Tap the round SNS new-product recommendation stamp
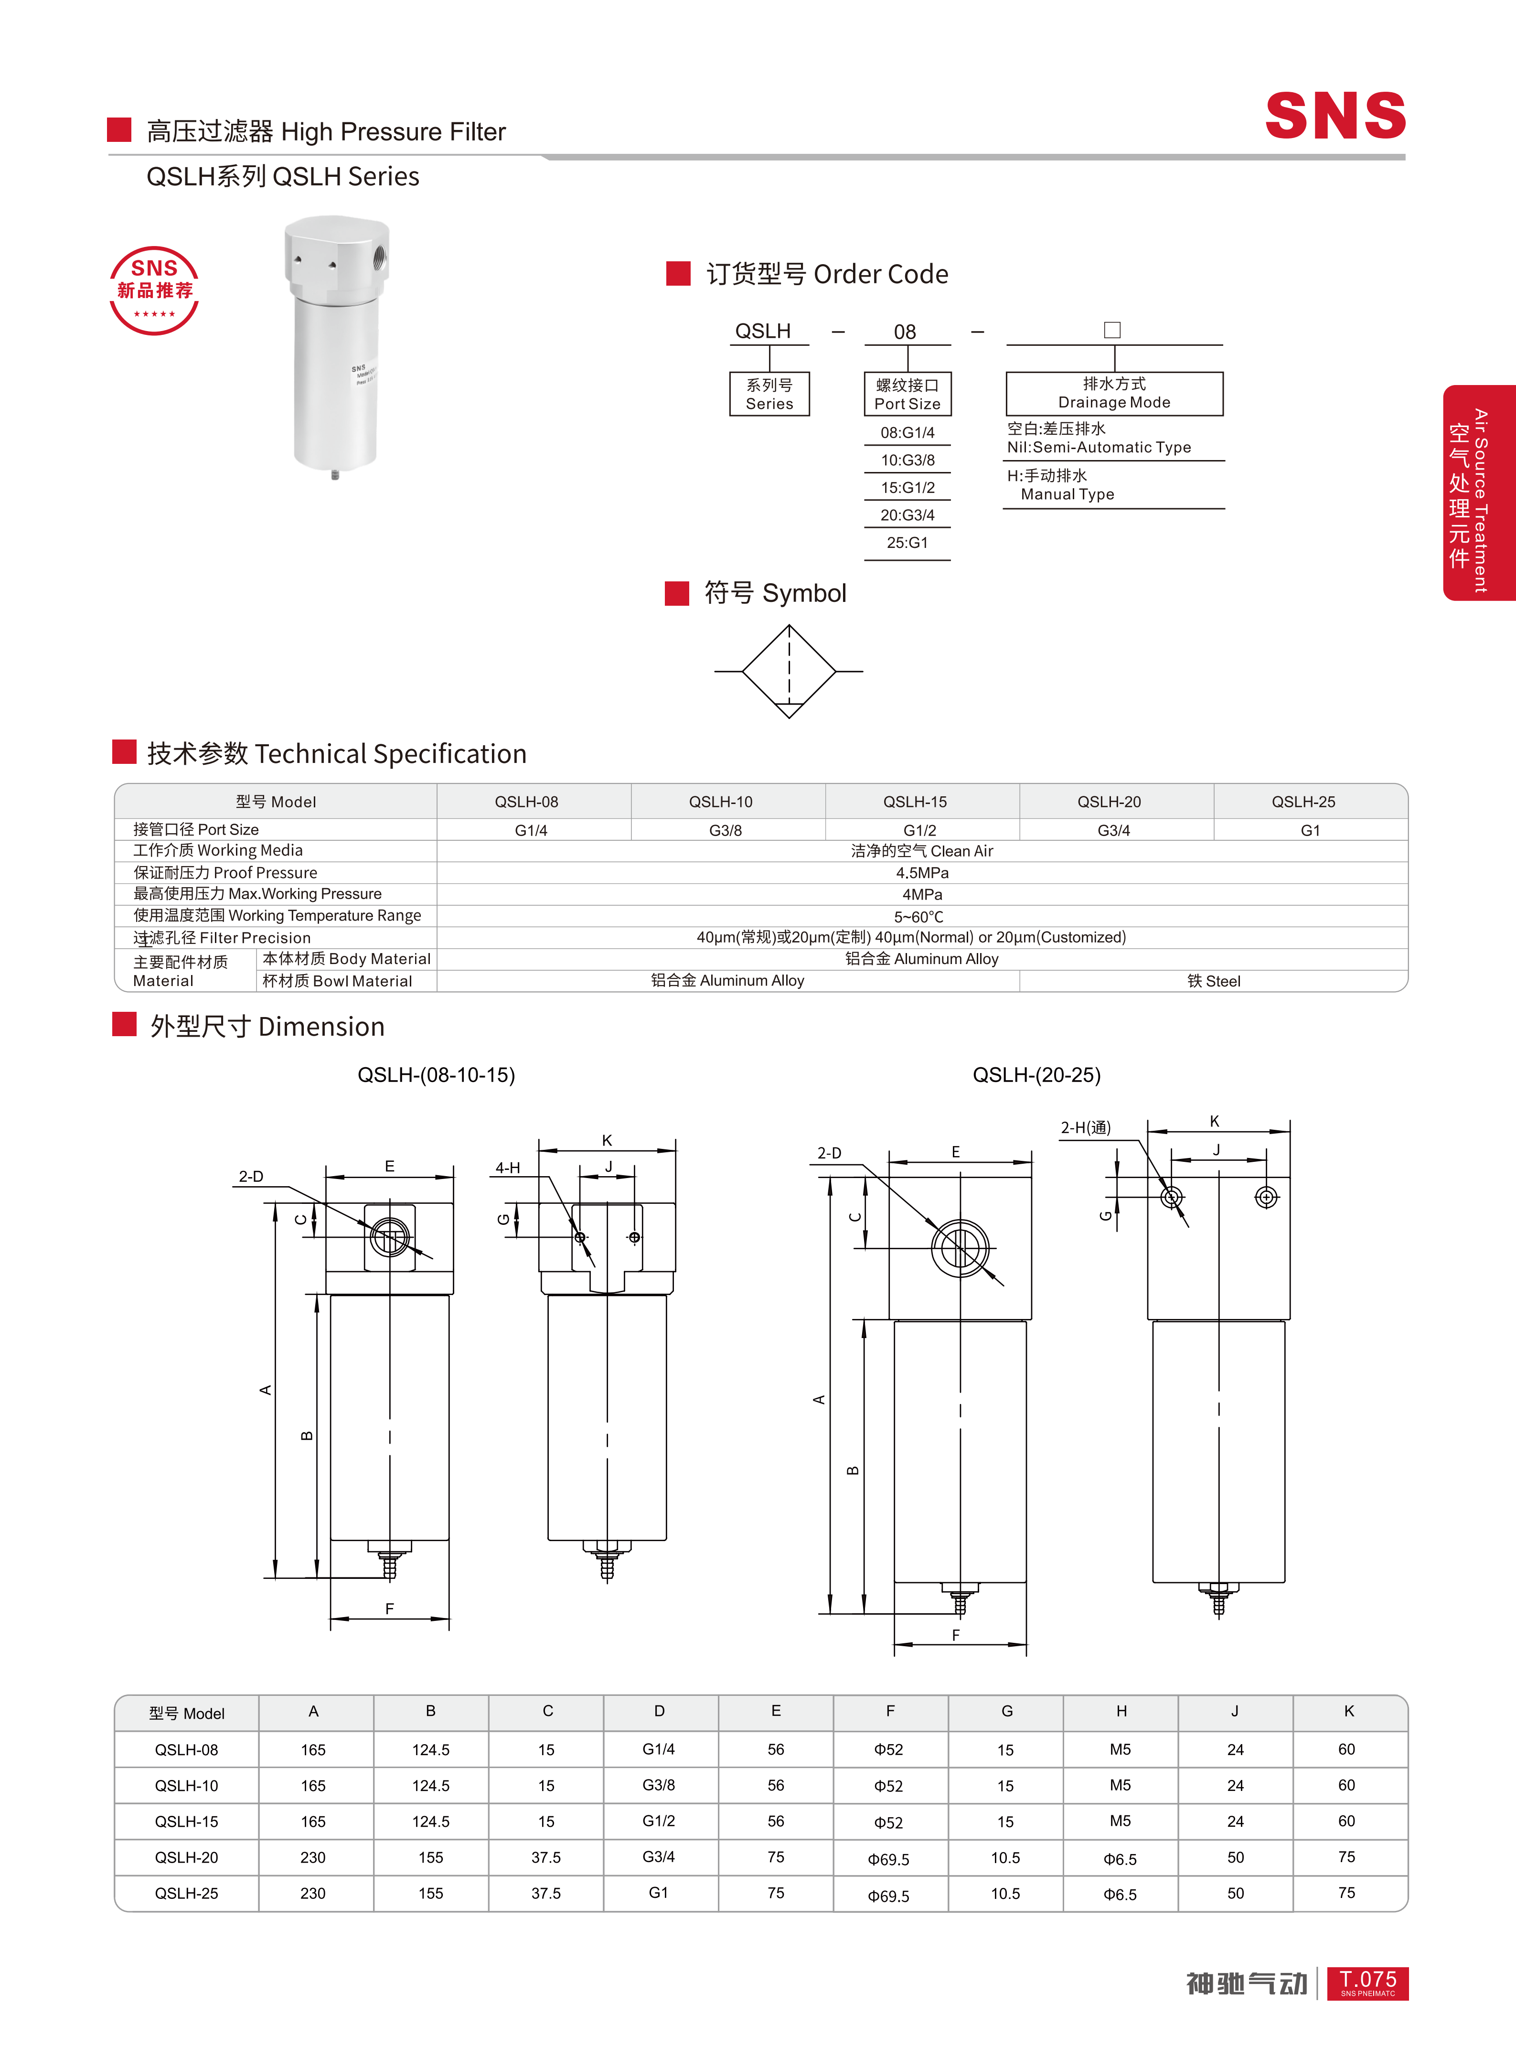pyautogui.click(x=154, y=290)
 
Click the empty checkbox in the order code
pyautogui.click(x=1112, y=330)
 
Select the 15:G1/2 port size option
pyautogui.click(x=907, y=487)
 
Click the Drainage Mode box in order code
pyautogui.click(x=1114, y=393)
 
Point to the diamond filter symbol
pyautogui.click(x=788, y=671)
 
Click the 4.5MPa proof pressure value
pyautogui.click(x=922, y=872)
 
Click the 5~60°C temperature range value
pyautogui.click(x=918, y=916)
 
